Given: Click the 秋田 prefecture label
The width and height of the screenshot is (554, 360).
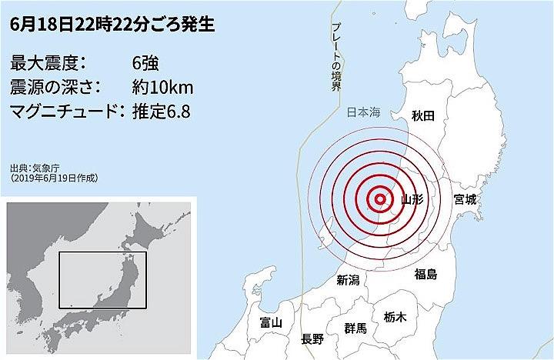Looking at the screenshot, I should tap(423, 115).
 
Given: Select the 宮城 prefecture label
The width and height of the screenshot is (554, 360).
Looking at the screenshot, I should tap(466, 199).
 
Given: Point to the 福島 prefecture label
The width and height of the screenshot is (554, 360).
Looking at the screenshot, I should tap(426, 273).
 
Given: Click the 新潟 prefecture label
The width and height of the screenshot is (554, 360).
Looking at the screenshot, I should tap(349, 281).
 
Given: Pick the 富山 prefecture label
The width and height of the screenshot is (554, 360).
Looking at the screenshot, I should tap(272, 322).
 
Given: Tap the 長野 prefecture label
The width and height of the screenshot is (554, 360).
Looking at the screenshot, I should tap(312, 338).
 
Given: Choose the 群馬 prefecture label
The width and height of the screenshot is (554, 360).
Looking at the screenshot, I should tap(356, 328).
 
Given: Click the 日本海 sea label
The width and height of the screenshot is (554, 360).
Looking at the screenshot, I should tap(362, 112).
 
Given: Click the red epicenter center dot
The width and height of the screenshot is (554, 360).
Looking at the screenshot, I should tap(379, 200).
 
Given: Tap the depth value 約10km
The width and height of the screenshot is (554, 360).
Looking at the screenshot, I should tap(162, 87).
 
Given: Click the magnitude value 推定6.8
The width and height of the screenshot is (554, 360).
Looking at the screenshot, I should tap(161, 112).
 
